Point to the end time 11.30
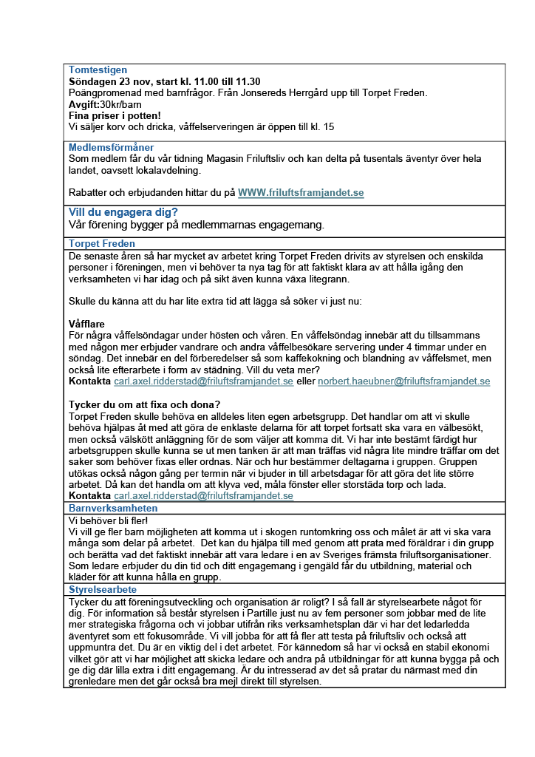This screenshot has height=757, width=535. [x=246, y=81]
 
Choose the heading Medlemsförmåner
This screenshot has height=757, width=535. [x=111, y=147]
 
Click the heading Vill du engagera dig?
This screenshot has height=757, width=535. [x=123, y=212]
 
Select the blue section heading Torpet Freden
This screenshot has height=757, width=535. [x=101, y=243]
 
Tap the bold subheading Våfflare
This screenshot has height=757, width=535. [x=86, y=324]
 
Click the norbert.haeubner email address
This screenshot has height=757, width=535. [x=403, y=381]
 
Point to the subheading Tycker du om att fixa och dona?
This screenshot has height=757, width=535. [x=144, y=404]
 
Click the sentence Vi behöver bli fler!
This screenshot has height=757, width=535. [x=108, y=520]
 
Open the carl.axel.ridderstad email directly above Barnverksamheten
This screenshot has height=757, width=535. [x=203, y=496]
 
